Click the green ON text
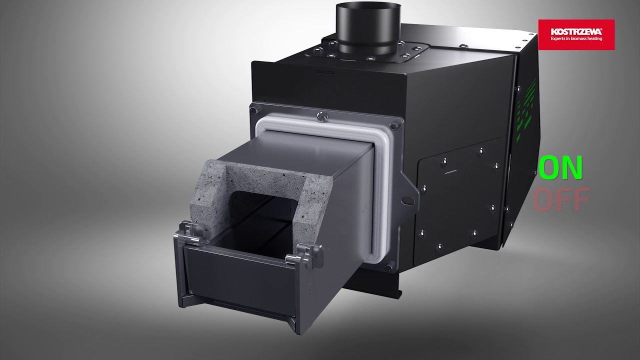click(560, 169)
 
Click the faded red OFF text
click(559, 200)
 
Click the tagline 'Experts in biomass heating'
click(576, 38)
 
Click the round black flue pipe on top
click(363, 27)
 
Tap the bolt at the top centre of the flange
click(321, 117)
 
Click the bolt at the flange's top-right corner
click(395, 125)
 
